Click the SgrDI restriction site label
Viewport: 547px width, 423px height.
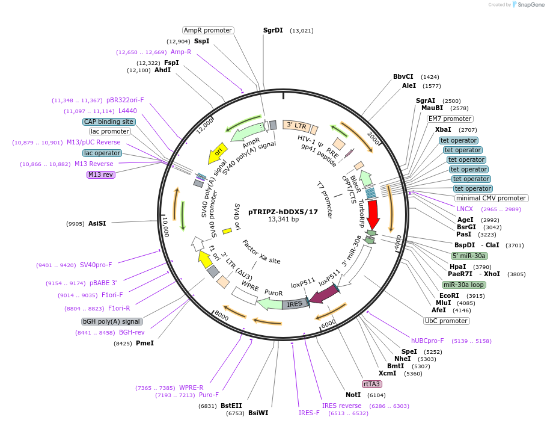point(272,30)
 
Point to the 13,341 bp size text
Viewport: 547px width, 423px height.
point(283,220)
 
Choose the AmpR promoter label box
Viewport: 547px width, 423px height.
point(208,30)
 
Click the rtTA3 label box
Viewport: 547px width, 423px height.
point(371,384)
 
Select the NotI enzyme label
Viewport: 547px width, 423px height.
point(353,395)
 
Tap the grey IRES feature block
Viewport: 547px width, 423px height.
point(295,304)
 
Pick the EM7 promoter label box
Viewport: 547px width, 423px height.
point(450,119)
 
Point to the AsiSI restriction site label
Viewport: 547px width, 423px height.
point(97,223)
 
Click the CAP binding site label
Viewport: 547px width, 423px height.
point(109,122)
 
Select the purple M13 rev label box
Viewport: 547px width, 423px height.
point(100,174)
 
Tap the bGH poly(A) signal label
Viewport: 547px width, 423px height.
point(112,321)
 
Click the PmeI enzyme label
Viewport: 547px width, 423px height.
point(145,343)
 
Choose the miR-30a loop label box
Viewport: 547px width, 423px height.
point(463,285)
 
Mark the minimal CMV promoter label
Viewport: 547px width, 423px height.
point(491,198)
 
